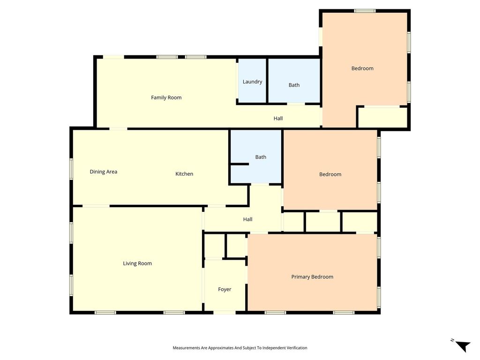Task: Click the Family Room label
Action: [x=166, y=97]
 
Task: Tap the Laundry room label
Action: [x=252, y=82]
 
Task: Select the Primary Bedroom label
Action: [x=312, y=277]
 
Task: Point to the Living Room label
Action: [x=137, y=263]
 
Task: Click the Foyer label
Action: [x=225, y=289]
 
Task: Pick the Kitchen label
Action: [x=184, y=174]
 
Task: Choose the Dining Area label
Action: [x=104, y=172]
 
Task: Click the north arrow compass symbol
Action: [x=462, y=346]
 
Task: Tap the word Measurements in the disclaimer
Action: [x=186, y=348]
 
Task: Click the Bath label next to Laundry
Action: [x=294, y=85]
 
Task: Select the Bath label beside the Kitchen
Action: [x=261, y=157]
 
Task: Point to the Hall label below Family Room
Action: [x=278, y=119]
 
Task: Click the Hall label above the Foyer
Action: [x=247, y=219]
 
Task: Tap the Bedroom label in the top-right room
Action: [x=362, y=68]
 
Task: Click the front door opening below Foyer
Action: [x=225, y=313]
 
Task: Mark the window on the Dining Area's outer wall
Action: [x=71, y=169]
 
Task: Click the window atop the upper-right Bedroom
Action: [x=365, y=11]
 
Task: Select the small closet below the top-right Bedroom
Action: [x=382, y=117]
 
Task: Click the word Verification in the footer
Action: [x=297, y=348]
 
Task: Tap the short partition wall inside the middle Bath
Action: [x=240, y=165]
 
